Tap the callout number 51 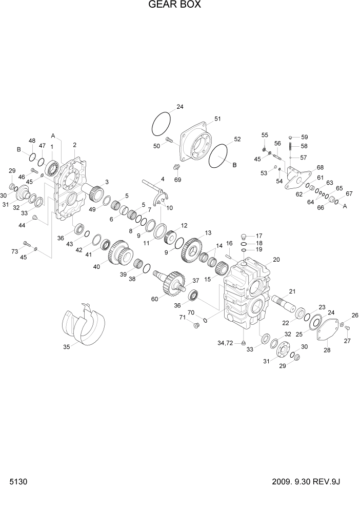click(217, 119)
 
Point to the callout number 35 click(66, 347)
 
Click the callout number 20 click(276, 260)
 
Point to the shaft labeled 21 click(284, 302)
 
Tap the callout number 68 click(320, 168)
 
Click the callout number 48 click(32, 141)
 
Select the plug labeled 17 click(245, 236)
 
